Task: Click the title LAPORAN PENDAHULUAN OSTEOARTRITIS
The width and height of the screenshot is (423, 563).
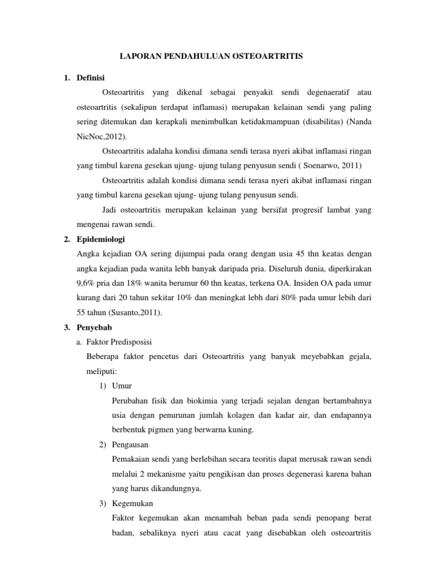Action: [x=211, y=56]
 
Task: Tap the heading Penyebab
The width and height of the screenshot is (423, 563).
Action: [x=94, y=327]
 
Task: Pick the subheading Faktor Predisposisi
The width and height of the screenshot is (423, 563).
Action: [x=120, y=342]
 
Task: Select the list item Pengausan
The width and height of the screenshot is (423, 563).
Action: [x=129, y=444]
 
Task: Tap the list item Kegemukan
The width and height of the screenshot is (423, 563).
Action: [x=132, y=503]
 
